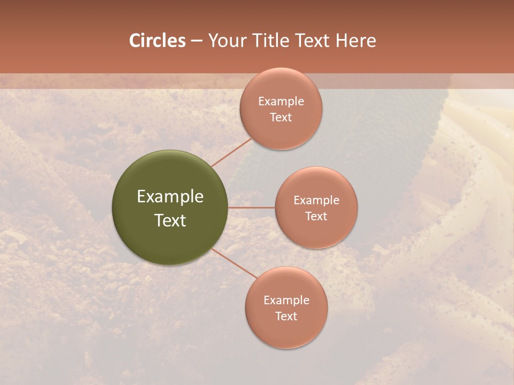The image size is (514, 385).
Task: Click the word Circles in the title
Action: point(157,41)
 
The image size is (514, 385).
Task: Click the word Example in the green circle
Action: point(170,197)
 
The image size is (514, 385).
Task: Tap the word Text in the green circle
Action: point(170,220)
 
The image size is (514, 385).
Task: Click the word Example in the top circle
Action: point(281,102)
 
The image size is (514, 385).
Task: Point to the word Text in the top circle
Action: point(281,118)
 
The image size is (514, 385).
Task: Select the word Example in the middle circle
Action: point(316,201)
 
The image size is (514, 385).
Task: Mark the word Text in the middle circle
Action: point(316,217)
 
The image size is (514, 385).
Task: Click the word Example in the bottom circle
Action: point(286,301)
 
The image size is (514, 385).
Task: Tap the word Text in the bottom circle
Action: point(286,317)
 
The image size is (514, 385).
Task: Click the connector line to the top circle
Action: point(231,152)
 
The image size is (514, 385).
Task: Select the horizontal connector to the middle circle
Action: point(252,207)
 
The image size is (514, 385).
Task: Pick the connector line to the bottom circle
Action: point(235,263)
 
